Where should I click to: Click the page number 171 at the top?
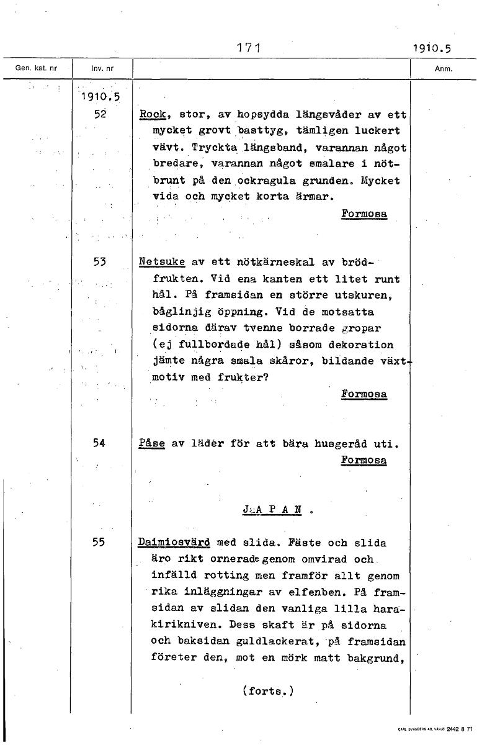tap(248, 47)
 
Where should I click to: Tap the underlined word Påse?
tap(153, 444)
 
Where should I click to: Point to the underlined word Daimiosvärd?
tap(174, 543)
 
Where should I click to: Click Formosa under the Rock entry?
tap(364, 213)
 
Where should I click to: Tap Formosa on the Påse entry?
tap(364, 460)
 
